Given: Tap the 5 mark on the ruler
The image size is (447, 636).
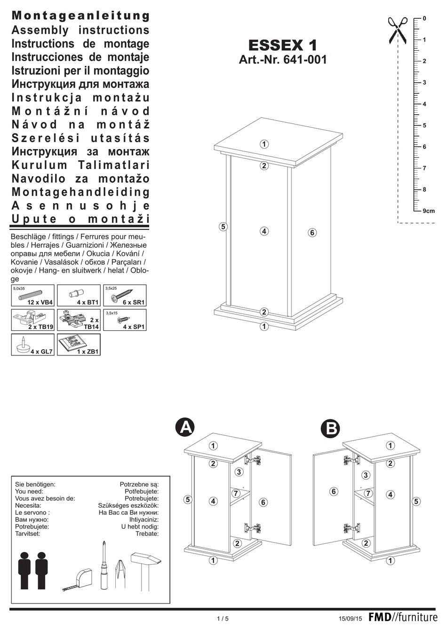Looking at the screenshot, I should [x=424, y=126].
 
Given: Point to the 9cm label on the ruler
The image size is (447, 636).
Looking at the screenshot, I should [x=428, y=211].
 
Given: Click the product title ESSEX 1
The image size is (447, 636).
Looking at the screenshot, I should [x=282, y=46].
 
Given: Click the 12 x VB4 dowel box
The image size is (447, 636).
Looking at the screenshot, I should [x=32, y=296].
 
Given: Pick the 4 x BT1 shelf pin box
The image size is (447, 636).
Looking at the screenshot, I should [x=79, y=296].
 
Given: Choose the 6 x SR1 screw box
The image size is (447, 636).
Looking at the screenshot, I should [x=125, y=296].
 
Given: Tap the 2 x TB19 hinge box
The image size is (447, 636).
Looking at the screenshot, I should [x=32, y=320].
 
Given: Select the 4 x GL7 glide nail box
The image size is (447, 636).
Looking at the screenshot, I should [x=32, y=345].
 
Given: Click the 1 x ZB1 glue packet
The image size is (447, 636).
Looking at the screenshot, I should [x=79, y=345].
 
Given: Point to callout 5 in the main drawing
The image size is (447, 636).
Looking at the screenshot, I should [x=223, y=227].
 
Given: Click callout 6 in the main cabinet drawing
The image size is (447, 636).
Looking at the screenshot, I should [x=312, y=232].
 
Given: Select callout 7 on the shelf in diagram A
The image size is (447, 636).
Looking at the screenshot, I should [x=237, y=493].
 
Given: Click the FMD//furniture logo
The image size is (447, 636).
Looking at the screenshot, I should [x=403, y=618].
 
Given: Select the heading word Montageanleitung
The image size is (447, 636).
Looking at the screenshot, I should [x=80, y=16].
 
